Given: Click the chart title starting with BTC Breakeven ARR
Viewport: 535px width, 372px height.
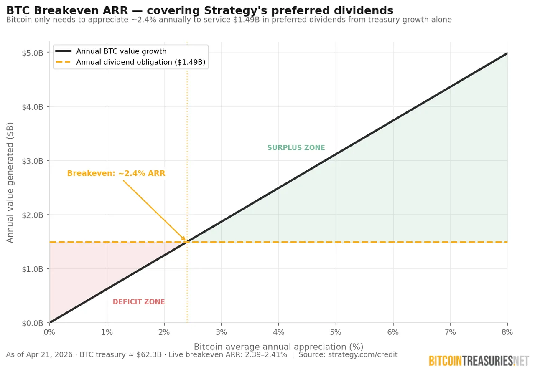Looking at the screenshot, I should (199, 10).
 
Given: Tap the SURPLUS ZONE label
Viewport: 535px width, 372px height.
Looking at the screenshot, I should (296, 148).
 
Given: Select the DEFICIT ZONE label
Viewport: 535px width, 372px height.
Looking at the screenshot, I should (139, 302).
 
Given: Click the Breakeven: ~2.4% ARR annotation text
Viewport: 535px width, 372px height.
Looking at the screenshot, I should (116, 173).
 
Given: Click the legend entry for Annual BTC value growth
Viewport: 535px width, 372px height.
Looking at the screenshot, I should (121, 51).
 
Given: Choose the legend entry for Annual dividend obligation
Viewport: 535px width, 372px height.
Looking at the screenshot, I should (140, 62).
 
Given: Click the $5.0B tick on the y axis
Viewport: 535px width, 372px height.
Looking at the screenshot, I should (33, 53).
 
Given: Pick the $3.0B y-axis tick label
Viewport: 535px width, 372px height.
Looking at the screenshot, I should (33, 161).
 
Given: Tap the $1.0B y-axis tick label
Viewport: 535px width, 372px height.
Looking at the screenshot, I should (33, 269).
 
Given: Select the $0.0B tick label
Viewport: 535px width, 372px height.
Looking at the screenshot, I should (33, 323).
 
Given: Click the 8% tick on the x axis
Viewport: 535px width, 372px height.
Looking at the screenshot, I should (507, 332).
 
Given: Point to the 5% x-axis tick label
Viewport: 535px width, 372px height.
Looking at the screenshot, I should (336, 332).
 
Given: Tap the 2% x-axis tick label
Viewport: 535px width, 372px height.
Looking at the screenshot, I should (164, 332).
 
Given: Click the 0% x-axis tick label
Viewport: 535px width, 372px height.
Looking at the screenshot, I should (49, 332).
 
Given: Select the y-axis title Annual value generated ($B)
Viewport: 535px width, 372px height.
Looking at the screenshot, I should (10, 182).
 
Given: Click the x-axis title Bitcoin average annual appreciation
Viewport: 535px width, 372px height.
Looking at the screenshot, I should (278, 347).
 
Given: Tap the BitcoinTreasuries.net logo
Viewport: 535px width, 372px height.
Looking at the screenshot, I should (479, 361).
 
